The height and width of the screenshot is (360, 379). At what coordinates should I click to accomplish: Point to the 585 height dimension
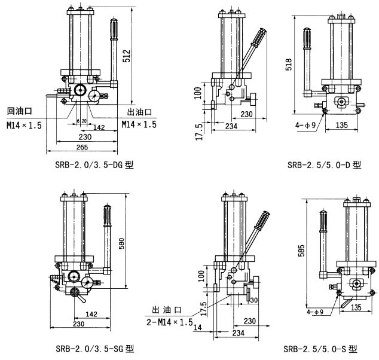point(302,248)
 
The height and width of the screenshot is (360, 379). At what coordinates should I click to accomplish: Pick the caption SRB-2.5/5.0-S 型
point(320,349)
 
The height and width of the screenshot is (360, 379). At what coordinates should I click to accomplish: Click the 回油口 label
point(19,111)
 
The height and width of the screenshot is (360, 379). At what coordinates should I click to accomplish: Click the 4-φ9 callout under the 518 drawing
point(305,125)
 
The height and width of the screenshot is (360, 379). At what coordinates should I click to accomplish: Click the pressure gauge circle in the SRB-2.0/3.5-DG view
point(80,90)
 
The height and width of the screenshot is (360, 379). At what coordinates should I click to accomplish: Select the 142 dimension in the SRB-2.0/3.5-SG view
point(92,314)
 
